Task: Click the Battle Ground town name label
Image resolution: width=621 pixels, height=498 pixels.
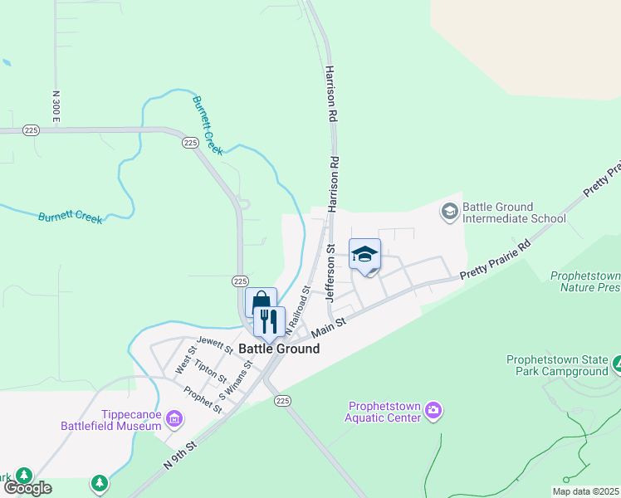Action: click(279, 349)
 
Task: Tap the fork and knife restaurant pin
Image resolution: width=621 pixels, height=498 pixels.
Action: click(269, 321)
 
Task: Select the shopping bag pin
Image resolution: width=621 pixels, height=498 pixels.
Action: click(261, 300)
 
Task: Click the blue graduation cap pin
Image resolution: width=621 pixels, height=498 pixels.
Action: click(364, 254)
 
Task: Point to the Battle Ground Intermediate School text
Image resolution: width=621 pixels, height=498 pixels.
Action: click(513, 212)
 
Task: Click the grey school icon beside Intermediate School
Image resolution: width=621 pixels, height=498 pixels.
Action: click(449, 212)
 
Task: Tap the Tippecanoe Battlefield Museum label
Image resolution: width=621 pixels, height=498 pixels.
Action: click(110, 419)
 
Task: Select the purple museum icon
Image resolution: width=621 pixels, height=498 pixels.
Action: click(174, 419)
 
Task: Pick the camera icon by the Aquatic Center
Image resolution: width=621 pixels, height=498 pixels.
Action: click(433, 411)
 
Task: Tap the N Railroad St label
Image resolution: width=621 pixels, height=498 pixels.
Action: click(298, 310)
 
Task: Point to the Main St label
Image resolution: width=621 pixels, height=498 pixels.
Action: click(328, 325)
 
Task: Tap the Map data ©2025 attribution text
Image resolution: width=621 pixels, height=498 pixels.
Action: click(585, 491)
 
